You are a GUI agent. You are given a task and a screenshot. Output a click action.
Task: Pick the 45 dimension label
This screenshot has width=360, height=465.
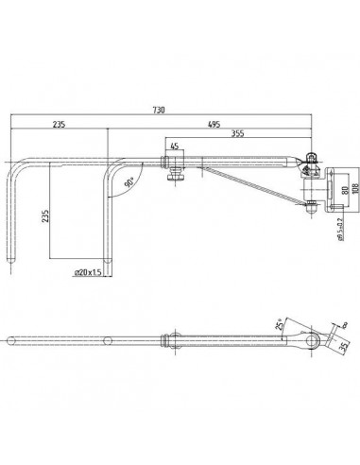[175, 146]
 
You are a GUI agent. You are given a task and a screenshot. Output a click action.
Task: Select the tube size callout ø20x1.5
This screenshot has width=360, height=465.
[90, 271]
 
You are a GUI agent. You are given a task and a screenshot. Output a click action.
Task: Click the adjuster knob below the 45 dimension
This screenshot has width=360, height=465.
[175, 175]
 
